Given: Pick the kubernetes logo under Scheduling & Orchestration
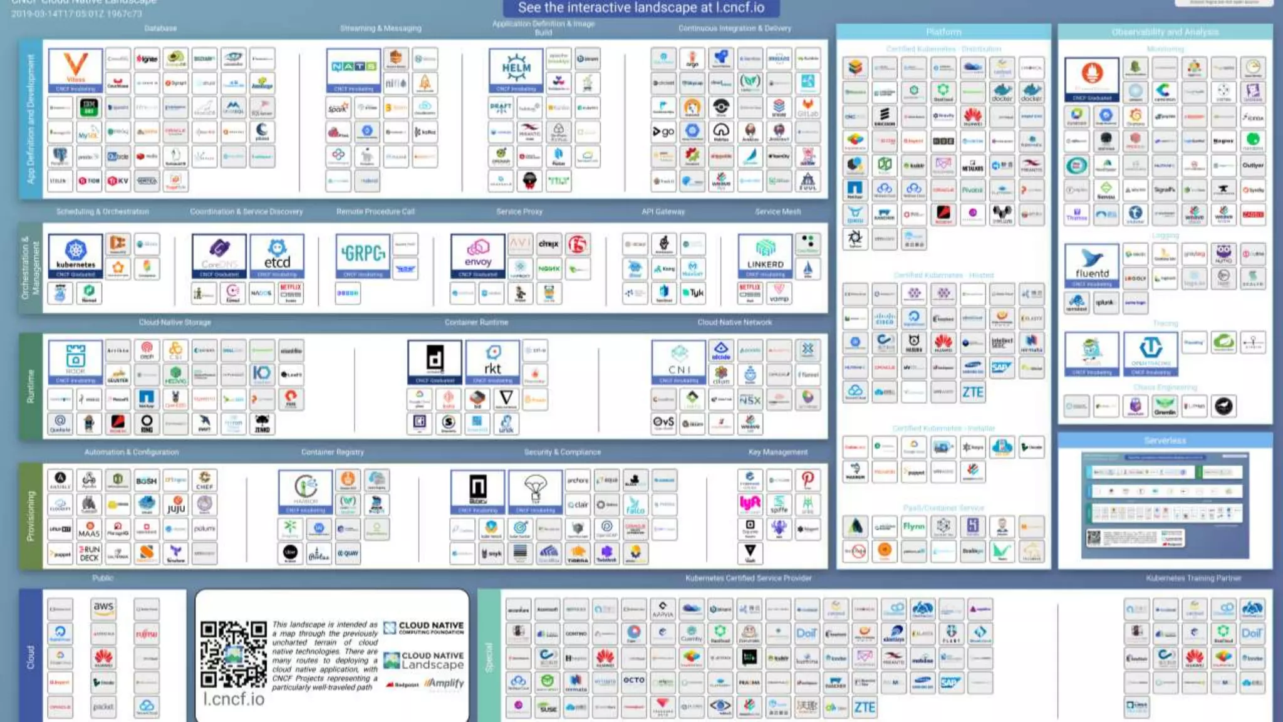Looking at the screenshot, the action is (x=75, y=256).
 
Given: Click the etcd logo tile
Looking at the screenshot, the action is (x=277, y=256).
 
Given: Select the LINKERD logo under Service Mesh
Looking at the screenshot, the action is (x=765, y=256).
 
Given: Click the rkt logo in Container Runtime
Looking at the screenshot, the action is (x=492, y=362).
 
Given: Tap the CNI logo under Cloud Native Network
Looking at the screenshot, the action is (x=678, y=362).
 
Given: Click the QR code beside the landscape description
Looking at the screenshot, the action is (x=233, y=654).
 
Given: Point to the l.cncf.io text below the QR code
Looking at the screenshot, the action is (x=234, y=699).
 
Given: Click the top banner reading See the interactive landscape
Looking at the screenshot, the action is (x=641, y=8).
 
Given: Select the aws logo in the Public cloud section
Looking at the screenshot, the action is (x=103, y=608).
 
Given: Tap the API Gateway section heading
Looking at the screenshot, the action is (x=663, y=212).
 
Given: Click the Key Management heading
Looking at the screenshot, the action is (x=777, y=452).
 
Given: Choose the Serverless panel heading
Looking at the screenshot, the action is (x=1165, y=441).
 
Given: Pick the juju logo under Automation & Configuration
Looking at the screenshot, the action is (x=176, y=505).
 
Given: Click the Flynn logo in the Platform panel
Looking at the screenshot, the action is (x=913, y=526).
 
